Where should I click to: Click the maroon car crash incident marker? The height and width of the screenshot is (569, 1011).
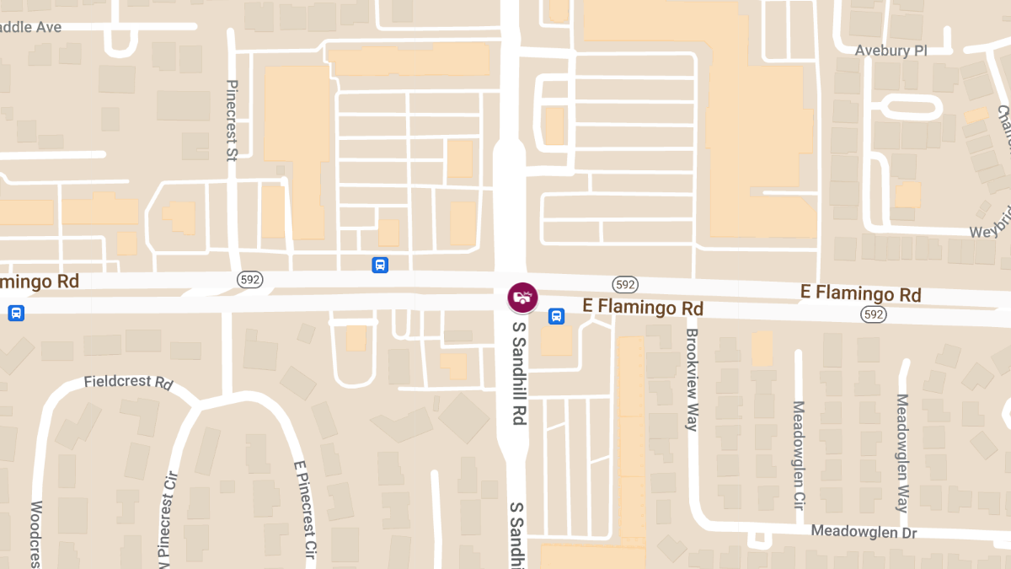(x=522, y=297)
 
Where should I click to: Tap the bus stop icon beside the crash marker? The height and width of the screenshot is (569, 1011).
(x=556, y=316)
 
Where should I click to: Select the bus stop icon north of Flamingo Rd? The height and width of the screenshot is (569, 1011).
(x=380, y=265)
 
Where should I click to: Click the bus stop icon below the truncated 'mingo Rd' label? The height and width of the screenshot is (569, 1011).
(x=16, y=313)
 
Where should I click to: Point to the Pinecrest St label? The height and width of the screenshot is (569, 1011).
(x=233, y=120)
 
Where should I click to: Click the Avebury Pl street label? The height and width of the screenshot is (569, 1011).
(x=891, y=51)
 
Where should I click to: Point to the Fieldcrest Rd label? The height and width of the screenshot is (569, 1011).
(x=128, y=382)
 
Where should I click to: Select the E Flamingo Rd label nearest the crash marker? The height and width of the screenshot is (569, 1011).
(x=643, y=308)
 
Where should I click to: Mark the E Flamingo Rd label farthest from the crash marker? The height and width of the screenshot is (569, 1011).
(x=860, y=294)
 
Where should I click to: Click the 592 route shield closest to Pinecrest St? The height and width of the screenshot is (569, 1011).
(x=249, y=280)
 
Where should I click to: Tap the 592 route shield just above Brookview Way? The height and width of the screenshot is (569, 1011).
(x=624, y=284)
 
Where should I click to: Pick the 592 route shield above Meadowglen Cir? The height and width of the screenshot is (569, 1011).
(x=872, y=314)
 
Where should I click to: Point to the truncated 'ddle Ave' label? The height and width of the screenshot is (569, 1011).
(x=31, y=27)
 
